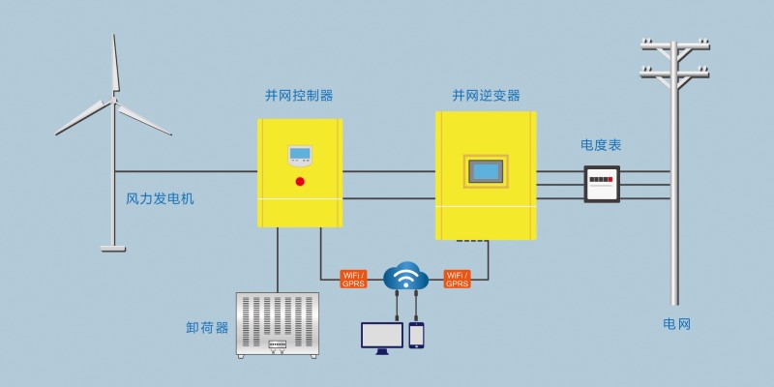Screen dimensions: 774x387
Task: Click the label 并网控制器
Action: [299, 95]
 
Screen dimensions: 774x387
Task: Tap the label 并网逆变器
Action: [487, 95]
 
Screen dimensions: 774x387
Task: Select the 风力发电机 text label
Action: [160, 199]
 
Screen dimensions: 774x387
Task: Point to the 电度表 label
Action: [601, 145]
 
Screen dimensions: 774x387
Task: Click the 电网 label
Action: [676, 324]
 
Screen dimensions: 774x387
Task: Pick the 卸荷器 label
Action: [207, 328]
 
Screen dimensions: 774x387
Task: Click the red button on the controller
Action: [300, 181]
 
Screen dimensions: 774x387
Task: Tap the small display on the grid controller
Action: [300, 156]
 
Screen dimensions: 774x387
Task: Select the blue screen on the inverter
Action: [486, 171]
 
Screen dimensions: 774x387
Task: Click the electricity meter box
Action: [602, 184]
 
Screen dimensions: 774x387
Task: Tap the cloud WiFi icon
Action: [405, 276]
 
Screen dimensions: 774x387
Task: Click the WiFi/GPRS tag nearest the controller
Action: [353, 279]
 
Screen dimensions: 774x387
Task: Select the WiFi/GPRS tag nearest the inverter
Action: [457, 279]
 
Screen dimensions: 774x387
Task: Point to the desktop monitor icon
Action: [382, 338]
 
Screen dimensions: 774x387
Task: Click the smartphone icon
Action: [416, 335]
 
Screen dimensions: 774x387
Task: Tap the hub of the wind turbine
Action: [114, 100]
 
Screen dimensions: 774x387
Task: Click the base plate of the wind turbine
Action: [113, 249]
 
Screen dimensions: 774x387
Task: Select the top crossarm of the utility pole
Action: [674, 45]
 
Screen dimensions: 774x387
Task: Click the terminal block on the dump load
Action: [278, 345]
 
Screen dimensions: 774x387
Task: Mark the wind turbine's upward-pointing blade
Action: [115, 64]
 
